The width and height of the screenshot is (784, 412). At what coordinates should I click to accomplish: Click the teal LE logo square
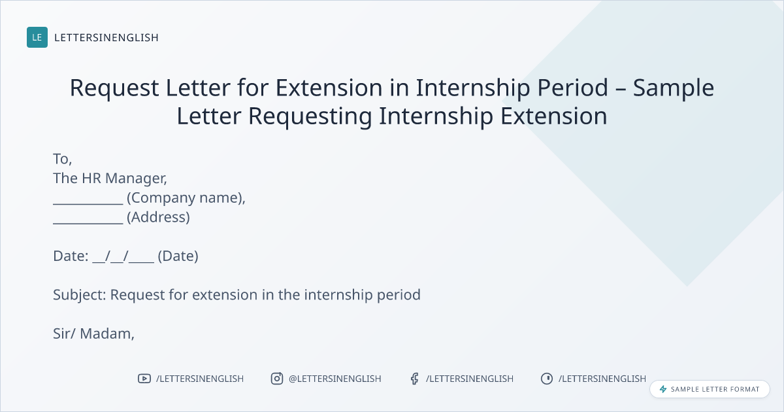pos(37,37)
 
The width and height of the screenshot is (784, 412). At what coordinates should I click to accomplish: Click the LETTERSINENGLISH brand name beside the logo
pos(106,37)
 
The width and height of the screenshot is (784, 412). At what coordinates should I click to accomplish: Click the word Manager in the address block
pos(136,179)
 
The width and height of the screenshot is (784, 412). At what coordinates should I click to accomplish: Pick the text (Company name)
pos(186,198)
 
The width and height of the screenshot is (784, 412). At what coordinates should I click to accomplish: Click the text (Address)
pos(158,218)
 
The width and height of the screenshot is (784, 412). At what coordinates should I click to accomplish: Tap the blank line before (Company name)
pos(88,204)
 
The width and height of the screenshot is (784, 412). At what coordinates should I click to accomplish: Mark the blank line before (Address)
pos(88,223)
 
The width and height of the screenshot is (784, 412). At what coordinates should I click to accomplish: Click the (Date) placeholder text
pos(178,256)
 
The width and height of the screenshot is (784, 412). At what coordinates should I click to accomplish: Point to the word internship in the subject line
pos(338,295)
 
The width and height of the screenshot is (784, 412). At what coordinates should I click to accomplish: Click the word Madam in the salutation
pos(107,334)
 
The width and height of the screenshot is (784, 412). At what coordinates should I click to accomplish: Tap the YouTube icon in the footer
pos(144,379)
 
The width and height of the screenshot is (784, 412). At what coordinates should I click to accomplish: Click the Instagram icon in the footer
pos(277,379)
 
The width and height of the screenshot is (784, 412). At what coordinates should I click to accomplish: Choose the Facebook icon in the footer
pos(414,379)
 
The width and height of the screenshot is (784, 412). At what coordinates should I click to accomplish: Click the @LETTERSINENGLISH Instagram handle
pos(335,379)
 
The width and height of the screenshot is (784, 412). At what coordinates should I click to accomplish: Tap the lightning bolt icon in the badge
pos(663,389)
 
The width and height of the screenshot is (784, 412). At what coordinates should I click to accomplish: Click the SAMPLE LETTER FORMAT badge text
pos(715,389)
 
